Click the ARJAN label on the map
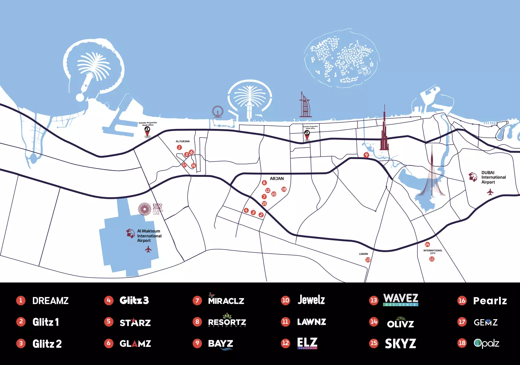coord(277,179)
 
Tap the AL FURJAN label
coord(182,142)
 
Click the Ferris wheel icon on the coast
coord(217,112)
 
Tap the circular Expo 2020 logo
coord(144,209)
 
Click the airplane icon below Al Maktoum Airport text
coord(148,249)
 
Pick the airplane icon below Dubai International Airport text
coord(490,192)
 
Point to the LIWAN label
coord(363,254)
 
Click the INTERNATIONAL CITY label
coord(433,252)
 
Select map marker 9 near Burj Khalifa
coord(366,155)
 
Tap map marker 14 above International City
coord(427,244)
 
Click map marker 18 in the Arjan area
coord(284,189)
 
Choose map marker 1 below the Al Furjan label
coord(179,147)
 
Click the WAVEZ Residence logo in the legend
coord(400,300)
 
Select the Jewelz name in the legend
coord(311,300)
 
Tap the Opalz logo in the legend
coord(486,343)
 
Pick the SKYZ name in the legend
coord(400,344)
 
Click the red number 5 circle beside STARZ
coord(109,322)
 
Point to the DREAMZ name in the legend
coord(50,301)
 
